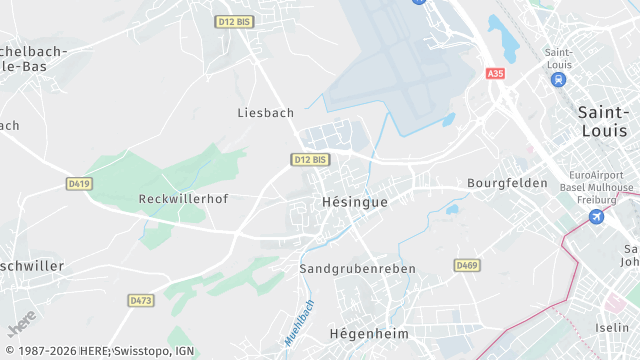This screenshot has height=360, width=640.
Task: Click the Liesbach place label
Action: (x=265, y=113)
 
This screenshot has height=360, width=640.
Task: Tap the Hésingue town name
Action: (x=354, y=202)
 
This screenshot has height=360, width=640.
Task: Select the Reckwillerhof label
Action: (x=183, y=199)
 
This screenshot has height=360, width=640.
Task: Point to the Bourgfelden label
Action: (x=507, y=184)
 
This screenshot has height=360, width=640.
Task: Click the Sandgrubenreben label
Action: (x=357, y=269)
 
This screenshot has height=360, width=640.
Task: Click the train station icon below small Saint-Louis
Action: (x=558, y=79)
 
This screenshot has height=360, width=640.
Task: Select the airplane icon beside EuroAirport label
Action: (x=598, y=217)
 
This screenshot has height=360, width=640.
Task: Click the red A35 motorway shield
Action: (x=495, y=74)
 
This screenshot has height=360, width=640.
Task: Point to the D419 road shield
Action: (x=79, y=184)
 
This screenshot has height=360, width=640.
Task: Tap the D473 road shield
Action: (x=141, y=300)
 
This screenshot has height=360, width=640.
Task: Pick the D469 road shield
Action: (x=466, y=265)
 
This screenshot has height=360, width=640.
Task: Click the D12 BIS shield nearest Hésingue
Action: (x=310, y=159)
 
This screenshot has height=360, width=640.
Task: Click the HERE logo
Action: (x=21, y=327)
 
